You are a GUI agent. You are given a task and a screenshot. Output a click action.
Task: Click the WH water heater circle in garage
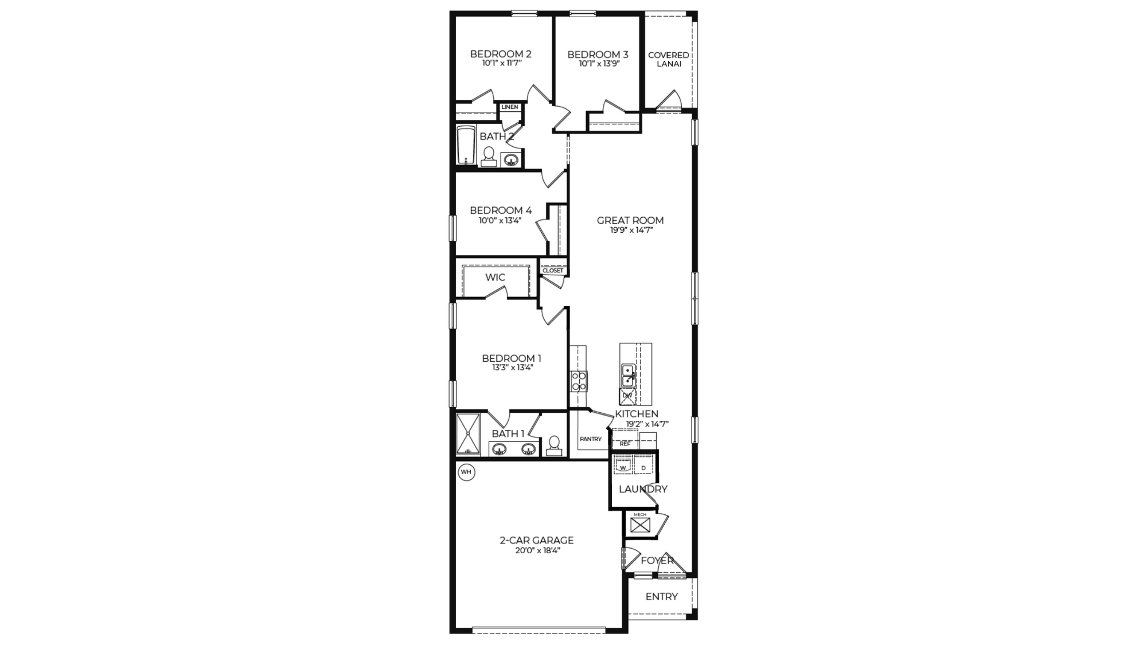pos(466,472)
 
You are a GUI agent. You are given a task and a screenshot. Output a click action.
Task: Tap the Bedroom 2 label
pos(501,54)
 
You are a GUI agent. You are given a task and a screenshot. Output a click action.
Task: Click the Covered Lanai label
pos(669,59)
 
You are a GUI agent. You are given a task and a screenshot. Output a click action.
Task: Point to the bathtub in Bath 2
pos(466,145)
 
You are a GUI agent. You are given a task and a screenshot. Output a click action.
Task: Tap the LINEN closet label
pos(510,107)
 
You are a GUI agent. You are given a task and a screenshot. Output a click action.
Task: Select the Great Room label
pos(630,220)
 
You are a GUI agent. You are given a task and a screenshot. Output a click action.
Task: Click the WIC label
pos(495,277)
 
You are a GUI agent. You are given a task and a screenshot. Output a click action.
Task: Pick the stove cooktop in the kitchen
pos(579,381)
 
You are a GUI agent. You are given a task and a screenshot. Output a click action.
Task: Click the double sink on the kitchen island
pos(628,375)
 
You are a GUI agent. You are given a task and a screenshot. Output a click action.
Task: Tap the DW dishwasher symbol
pos(627,396)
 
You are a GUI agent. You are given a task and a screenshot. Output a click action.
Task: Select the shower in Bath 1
pos(468,434)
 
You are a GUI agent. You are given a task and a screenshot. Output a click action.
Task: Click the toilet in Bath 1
pos(553,445)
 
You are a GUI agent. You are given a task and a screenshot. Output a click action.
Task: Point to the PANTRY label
pos(591,439)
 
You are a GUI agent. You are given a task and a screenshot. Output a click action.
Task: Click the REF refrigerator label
pos(625,444)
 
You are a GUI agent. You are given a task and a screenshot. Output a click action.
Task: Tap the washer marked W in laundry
pos(623,467)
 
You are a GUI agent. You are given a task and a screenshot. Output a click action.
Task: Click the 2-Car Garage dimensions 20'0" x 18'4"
pos(537,550)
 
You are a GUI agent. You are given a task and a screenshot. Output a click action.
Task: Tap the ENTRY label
pos(661,597)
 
